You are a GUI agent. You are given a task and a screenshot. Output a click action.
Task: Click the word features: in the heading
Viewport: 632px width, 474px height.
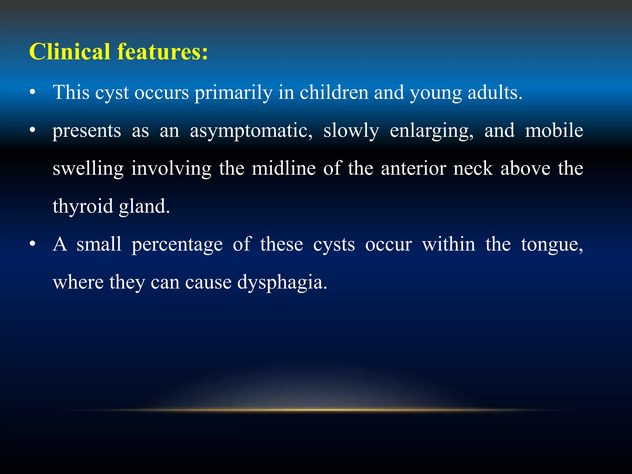click(162, 52)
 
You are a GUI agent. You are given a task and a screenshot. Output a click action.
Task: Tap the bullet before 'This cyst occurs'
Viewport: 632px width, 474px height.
click(33, 92)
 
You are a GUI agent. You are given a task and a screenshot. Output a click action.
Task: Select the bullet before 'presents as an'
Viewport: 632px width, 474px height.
click(33, 130)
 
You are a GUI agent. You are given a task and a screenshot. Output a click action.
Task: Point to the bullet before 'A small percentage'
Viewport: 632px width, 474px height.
click(33, 244)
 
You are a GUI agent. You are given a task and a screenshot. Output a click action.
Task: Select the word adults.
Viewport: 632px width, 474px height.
click(495, 92)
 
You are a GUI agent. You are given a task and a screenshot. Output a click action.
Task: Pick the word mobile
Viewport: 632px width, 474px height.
click(554, 130)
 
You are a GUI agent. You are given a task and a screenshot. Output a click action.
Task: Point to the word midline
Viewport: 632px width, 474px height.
click(284, 168)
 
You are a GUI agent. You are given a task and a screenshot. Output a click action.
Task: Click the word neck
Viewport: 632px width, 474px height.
click(473, 168)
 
